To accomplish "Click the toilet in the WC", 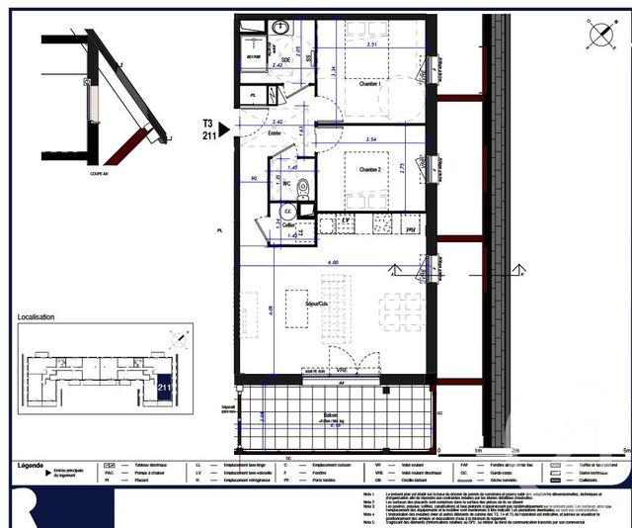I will coord(302,186).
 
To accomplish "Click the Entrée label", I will coord(275,132).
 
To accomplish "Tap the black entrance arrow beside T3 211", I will coord(224,128).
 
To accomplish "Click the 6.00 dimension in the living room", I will coord(334,262).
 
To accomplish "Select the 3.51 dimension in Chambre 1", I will coord(372,45).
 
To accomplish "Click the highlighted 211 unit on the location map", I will coord(164,387).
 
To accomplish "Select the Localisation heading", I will coord(37,318).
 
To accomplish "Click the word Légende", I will coord(31,465).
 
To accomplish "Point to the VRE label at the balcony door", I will coord(340,369).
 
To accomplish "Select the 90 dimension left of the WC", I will coord(254,178).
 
